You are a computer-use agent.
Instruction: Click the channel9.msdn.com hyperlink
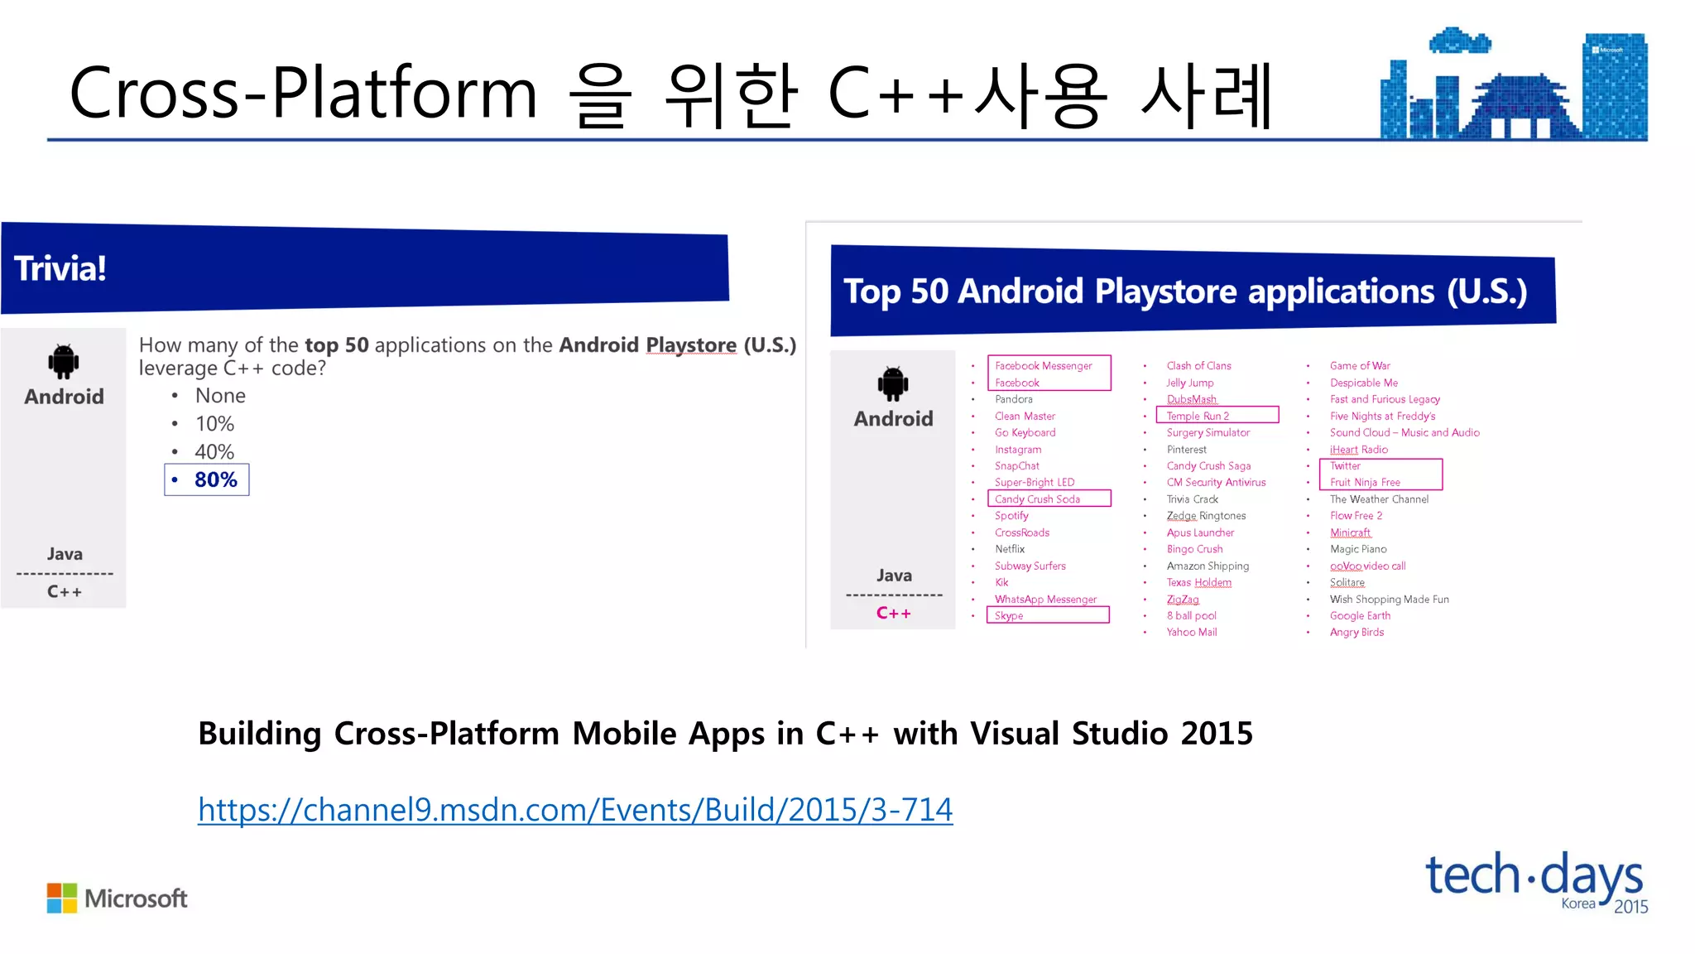point(575,809)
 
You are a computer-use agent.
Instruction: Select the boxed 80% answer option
point(208,479)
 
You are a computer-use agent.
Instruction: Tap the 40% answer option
point(214,451)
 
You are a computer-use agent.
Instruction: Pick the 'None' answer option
point(220,396)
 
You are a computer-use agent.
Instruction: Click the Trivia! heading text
point(60,268)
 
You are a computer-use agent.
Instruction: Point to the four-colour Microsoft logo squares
point(62,898)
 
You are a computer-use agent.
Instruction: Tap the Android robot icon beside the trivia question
point(64,361)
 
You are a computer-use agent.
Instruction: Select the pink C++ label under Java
point(894,613)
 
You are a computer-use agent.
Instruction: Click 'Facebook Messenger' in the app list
point(1043,366)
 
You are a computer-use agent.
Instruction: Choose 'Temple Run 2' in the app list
point(1198,416)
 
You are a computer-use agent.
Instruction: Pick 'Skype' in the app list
point(1009,615)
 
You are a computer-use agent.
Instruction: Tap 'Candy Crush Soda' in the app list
point(1037,499)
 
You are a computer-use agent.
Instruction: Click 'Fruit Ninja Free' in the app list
point(1365,482)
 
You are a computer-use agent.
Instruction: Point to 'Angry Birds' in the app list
point(1356,632)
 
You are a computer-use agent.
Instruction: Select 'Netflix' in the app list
point(1010,549)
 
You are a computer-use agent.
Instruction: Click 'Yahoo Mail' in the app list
point(1192,632)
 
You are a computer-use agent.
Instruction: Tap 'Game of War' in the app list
point(1360,366)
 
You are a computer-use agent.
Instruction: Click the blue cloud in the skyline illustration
point(1460,41)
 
